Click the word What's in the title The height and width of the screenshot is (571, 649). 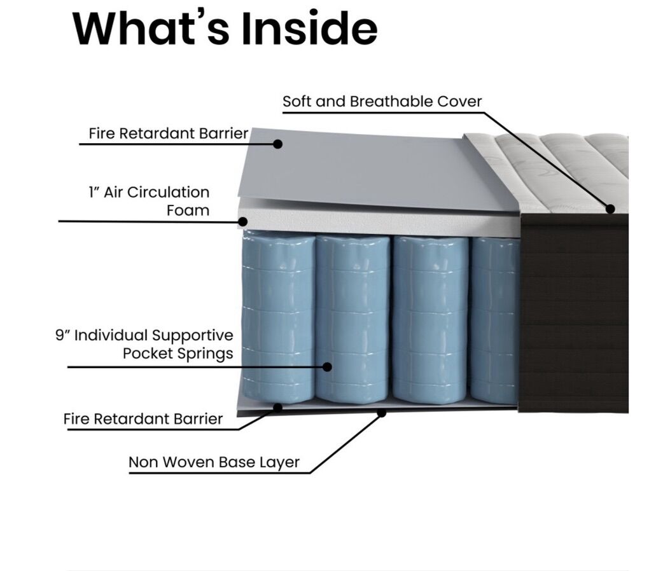[x=147, y=28]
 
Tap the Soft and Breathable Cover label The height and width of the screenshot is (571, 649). [x=382, y=102]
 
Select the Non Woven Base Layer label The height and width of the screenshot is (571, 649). [x=214, y=462]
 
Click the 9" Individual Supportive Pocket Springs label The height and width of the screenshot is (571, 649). [x=144, y=344]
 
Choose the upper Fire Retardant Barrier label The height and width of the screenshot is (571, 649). [x=169, y=134]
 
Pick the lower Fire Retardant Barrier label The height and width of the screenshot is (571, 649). [x=143, y=419]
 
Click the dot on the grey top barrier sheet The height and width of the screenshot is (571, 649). [x=277, y=144]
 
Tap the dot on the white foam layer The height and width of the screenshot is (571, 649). [x=242, y=222]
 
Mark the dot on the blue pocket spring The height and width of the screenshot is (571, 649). [x=327, y=367]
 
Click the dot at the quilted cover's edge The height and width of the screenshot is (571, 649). [x=610, y=209]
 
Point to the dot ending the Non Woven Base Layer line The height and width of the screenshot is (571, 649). [x=382, y=413]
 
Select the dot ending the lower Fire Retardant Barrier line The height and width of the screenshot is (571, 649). [x=277, y=406]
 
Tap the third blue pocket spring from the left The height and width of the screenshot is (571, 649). [x=430, y=318]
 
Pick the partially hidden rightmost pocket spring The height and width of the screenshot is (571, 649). [x=494, y=318]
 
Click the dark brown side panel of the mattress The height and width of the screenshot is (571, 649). [x=573, y=312]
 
